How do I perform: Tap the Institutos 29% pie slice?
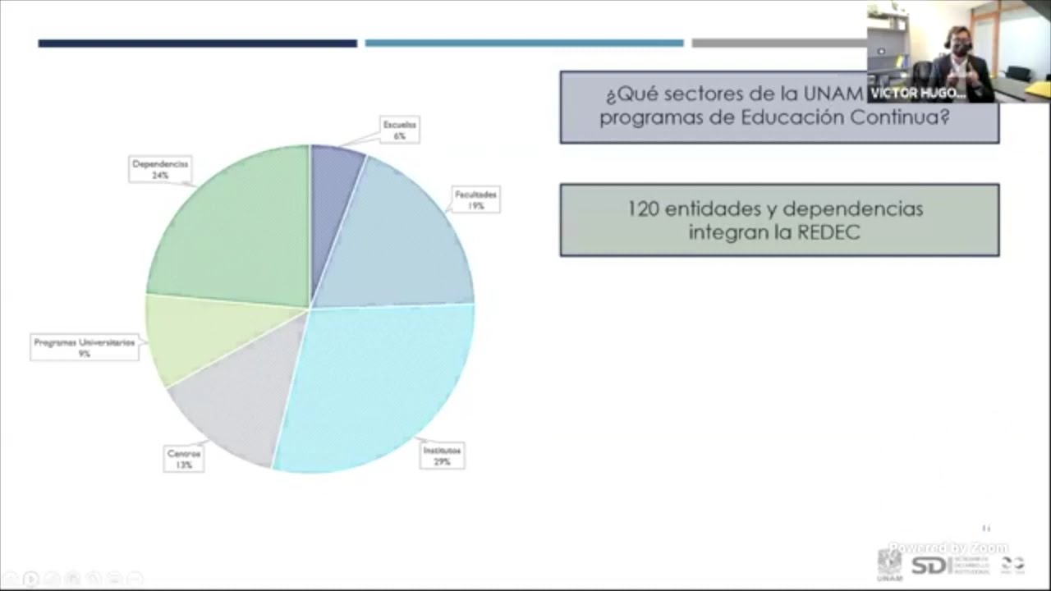point(378,386)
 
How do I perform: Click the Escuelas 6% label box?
point(399,130)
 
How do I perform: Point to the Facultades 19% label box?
point(475,200)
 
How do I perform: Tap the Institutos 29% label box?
point(442,456)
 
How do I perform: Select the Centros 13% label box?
point(184,459)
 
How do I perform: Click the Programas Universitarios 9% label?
point(84,347)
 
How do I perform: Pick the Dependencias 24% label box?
point(160,169)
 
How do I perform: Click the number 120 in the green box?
point(643,209)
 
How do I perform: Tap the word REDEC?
point(827,233)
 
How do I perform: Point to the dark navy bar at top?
point(197,44)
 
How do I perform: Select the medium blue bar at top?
point(524,44)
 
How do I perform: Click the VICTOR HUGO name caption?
point(917,94)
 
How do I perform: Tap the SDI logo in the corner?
point(930,566)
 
